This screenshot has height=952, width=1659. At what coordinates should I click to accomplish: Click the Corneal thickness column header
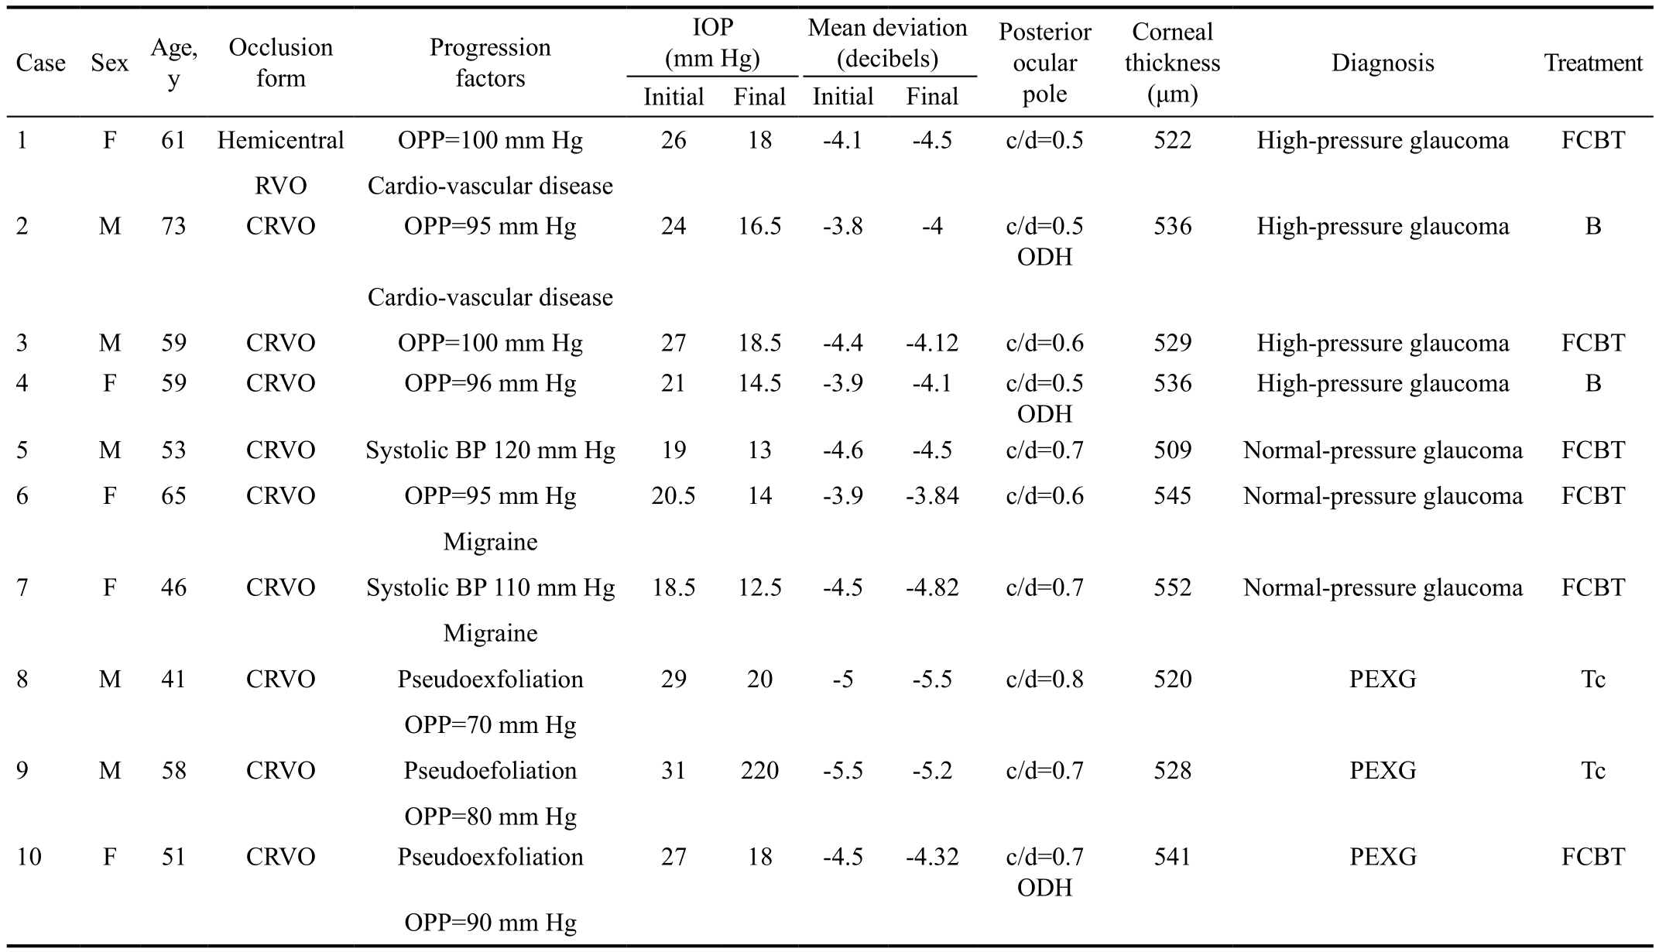1172,63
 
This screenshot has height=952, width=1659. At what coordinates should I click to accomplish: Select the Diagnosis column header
1383,63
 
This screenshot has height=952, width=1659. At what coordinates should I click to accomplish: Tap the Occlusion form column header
281,63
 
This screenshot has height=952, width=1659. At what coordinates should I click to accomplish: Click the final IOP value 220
759,770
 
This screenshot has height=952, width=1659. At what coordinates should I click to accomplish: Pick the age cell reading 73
173,226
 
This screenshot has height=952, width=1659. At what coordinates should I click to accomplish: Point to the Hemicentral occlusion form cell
281,140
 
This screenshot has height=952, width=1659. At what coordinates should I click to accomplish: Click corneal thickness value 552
1172,587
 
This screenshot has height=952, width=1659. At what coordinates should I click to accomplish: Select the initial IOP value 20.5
674,495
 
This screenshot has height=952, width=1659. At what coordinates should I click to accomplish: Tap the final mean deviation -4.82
932,587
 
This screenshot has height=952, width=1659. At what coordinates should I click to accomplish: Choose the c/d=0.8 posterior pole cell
1044,679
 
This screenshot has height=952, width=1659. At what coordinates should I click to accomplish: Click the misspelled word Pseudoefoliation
490,770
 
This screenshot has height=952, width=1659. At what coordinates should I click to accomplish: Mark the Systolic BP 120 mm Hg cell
490,450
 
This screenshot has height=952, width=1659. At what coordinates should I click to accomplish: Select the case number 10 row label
29,857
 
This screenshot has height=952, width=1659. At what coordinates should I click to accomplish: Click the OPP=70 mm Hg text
490,725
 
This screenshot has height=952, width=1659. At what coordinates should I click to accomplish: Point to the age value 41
173,679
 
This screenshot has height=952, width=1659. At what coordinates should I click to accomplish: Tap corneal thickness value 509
1172,450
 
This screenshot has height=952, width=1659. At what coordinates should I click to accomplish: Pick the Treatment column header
1593,63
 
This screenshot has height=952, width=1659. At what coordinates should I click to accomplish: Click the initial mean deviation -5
842,679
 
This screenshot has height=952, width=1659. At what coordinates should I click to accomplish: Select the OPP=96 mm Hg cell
490,383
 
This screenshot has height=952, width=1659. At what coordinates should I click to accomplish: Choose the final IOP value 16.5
759,226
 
